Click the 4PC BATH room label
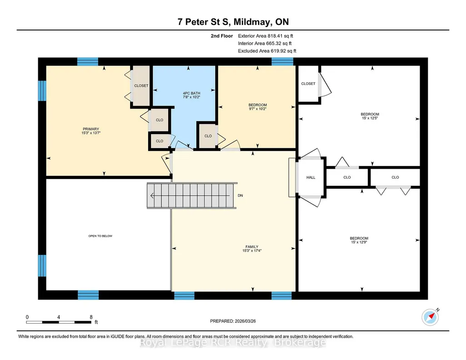tap(191, 93)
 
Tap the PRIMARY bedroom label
tap(91, 129)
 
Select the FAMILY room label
tap(252, 247)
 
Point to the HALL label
tap(311, 177)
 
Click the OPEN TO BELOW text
tap(100, 236)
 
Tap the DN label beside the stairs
tap(240, 195)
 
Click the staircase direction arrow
tap(190, 195)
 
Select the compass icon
tap(431, 317)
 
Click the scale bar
tap(59, 322)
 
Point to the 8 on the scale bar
tap(91, 317)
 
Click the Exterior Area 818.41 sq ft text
tap(266, 36)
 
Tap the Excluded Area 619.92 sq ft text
tap(267, 51)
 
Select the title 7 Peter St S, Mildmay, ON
tap(233, 22)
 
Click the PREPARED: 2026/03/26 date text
tap(233, 321)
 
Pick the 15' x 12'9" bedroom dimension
tap(359, 242)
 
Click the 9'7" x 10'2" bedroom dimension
tap(258, 109)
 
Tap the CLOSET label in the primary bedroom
tap(141, 85)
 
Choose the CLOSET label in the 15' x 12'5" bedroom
tap(308, 84)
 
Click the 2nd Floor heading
tap(222, 36)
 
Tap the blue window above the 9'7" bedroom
tap(282, 61)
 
